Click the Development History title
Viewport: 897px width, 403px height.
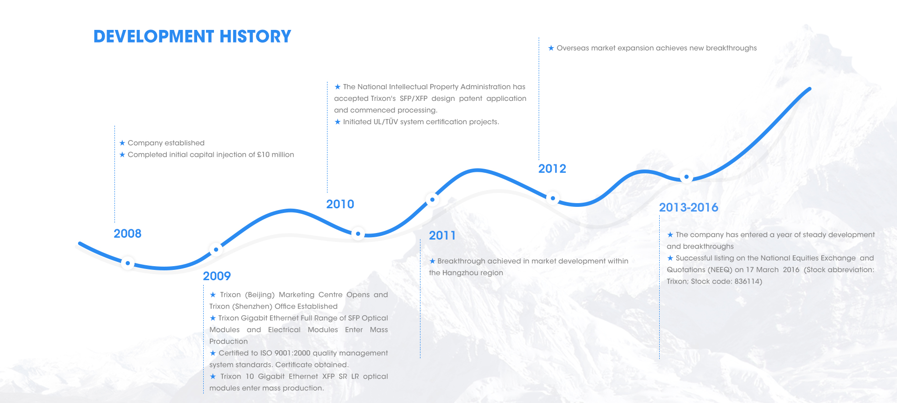(192, 36)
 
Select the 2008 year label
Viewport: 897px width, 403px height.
(128, 233)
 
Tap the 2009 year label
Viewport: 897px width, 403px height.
(217, 276)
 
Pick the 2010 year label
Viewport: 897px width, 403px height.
(340, 204)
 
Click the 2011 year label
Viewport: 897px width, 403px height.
(442, 235)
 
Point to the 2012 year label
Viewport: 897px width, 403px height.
(552, 169)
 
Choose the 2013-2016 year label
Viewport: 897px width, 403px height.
(689, 207)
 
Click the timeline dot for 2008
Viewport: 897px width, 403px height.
(128, 263)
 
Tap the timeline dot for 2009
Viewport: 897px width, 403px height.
(216, 250)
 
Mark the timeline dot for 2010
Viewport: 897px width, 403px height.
(358, 233)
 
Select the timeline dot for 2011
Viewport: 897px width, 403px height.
(432, 200)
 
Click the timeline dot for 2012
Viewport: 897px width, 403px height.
(553, 198)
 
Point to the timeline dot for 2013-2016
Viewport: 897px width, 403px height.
(686, 177)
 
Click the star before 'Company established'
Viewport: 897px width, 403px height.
(122, 143)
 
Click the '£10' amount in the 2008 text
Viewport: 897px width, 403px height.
(263, 155)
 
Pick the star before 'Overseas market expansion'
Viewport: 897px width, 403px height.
(551, 48)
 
